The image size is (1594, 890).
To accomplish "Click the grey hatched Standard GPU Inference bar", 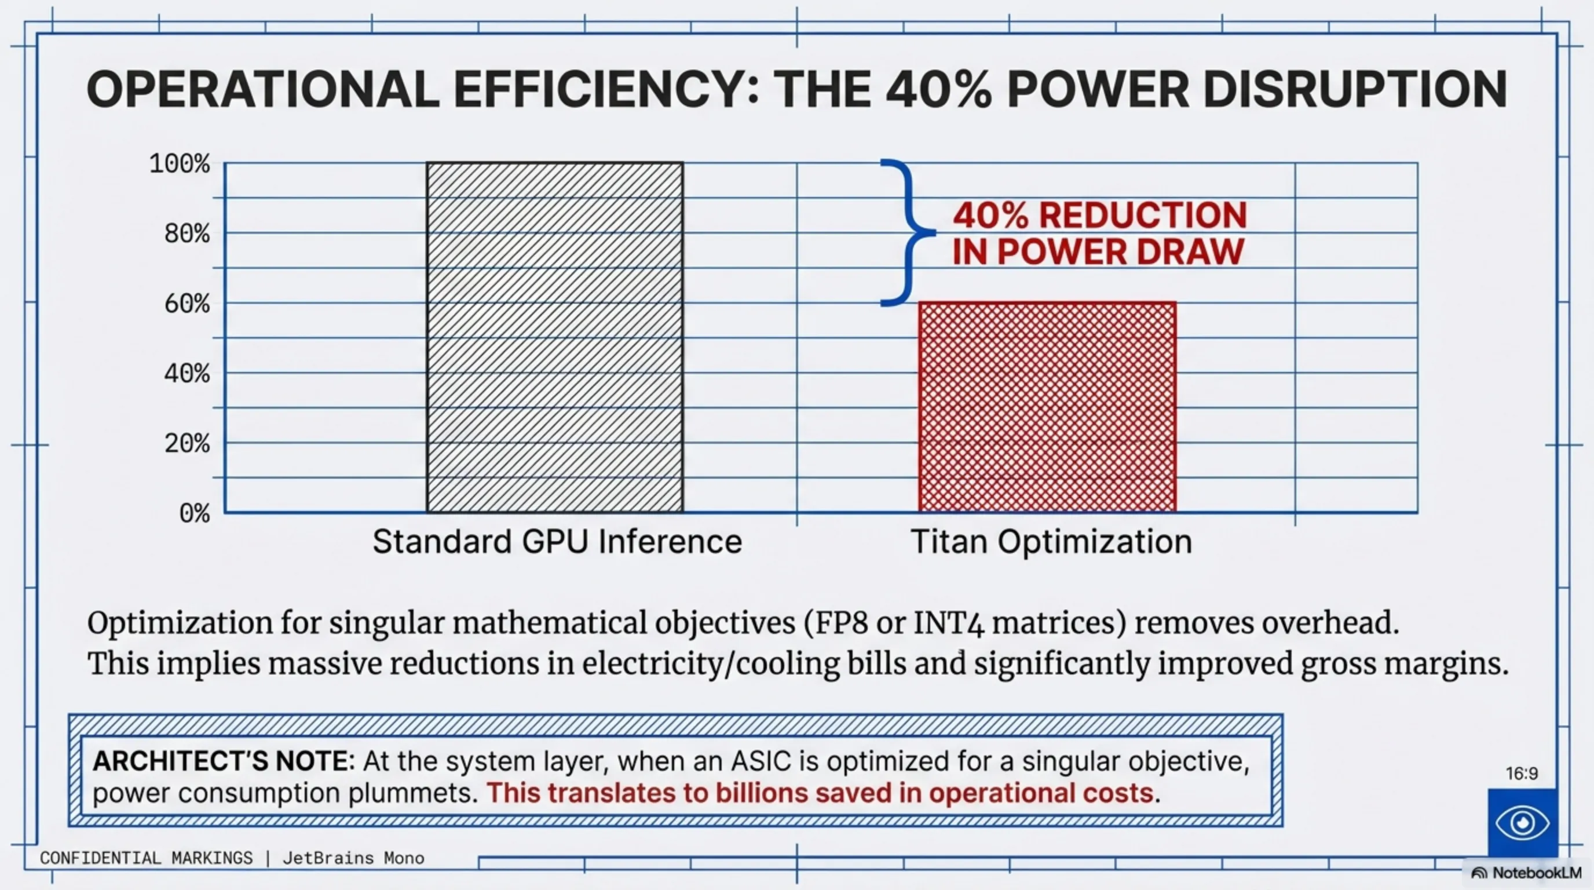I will point(554,337).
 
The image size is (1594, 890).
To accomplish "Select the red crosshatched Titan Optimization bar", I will point(1047,407).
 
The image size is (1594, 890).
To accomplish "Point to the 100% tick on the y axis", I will point(180,164).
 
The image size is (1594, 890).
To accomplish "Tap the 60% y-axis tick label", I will point(187,304).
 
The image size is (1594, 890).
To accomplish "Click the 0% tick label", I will point(194,513).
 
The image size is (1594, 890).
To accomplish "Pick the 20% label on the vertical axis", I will point(187,443).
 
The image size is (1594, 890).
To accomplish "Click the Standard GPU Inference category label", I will point(557,542).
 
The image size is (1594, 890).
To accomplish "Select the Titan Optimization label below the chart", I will point(1051,542).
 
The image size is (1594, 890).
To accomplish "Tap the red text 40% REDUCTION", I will point(1099,216).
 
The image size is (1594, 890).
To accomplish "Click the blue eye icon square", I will point(1522,823).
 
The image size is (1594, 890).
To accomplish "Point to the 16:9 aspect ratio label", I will point(1522,774).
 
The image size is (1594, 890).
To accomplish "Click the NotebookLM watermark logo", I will point(1526,873).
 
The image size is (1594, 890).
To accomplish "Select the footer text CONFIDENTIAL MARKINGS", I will point(147,858).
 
